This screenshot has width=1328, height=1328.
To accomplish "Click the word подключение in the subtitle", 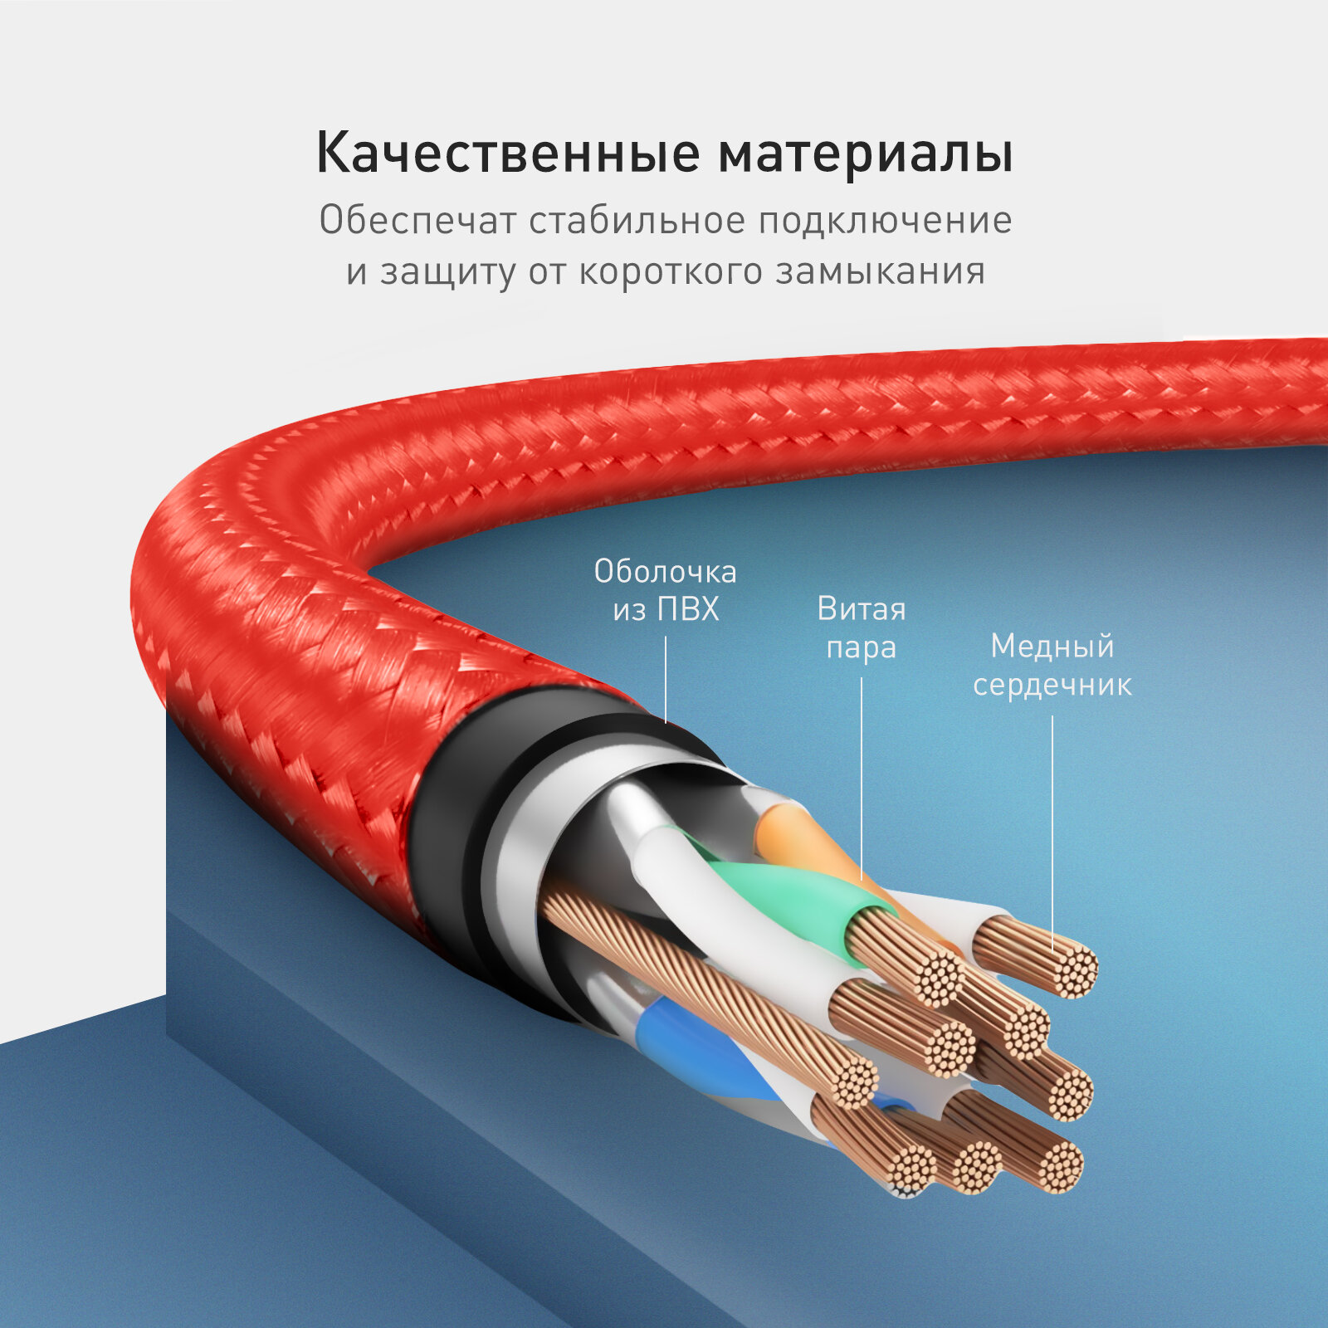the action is (885, 221).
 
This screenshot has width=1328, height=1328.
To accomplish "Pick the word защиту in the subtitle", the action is (447, 272).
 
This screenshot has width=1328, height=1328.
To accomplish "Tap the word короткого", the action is (670, 272).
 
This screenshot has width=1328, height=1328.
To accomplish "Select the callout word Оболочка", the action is (665, 572).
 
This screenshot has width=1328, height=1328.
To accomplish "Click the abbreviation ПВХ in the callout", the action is (688, 610).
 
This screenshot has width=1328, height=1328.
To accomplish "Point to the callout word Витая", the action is (861, 609).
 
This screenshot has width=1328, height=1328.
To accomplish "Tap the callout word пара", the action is (861, 647).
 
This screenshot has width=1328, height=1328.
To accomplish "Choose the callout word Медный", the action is (1052, 646).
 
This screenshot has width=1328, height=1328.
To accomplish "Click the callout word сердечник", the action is (1052, 685).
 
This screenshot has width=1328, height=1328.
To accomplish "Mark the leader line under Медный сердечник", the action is (1052, 830).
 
